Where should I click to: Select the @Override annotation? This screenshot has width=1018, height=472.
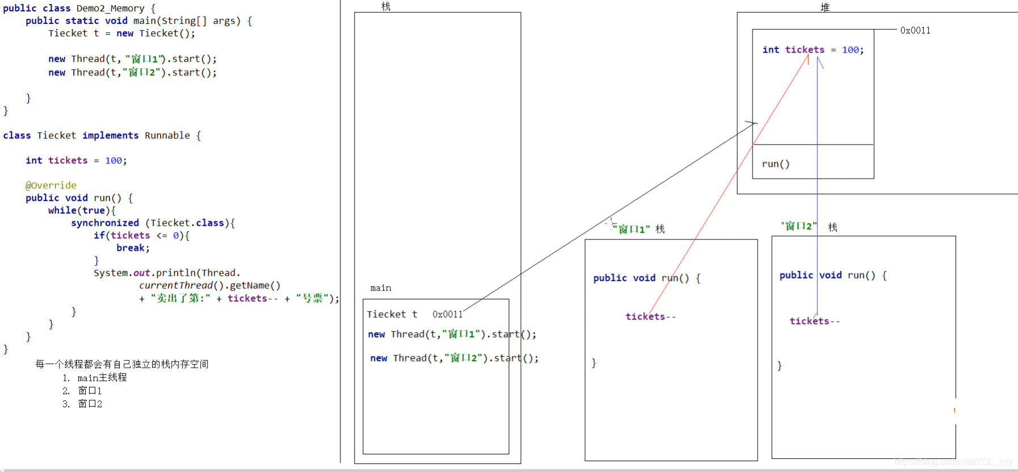[51, 186]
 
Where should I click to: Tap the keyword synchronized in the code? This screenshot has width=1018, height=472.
[105, 223]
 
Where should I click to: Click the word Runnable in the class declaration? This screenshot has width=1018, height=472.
[167, 136]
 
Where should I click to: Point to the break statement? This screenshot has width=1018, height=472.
[132, 248]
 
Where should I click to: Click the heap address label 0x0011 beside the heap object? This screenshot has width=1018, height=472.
[915, 31]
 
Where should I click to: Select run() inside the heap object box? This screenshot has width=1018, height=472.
[775, 164]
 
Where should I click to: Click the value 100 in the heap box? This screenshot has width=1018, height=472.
[850, 50]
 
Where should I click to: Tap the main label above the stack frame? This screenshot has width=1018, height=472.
[380, 288]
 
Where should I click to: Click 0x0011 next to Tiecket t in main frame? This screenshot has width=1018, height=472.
[447, 314]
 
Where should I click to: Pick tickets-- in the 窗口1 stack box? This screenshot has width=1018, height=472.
[650, 317]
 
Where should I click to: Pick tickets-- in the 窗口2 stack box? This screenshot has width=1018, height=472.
[814, 321]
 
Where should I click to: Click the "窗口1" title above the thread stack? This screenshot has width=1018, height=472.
[631, 229]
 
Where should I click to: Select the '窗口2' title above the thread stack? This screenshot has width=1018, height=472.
[799, 226]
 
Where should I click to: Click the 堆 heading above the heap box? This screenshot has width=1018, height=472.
[825, 7]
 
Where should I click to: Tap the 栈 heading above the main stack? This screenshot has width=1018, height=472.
[386, 7]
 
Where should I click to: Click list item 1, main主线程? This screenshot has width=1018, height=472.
[102, 378]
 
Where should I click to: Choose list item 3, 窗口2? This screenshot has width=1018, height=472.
[90, 404]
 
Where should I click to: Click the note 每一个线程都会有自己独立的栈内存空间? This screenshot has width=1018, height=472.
[122, 364]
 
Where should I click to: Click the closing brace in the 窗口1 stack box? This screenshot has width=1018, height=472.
[594, 363]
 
